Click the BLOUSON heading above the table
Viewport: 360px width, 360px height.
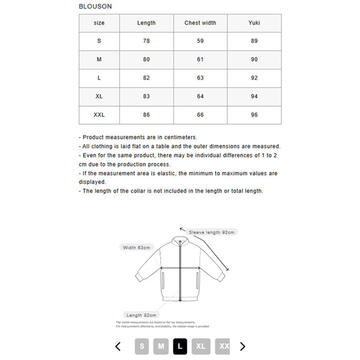tap(95, 6)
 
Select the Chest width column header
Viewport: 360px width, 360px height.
tap(200, 23)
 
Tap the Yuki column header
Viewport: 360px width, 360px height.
tap(254, 23)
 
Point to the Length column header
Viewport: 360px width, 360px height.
tap(146, 23)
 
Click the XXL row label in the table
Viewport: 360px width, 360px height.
tap(99, 115)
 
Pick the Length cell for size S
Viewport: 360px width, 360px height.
tap(146, 41)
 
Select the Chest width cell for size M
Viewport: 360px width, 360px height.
tap(200, 59)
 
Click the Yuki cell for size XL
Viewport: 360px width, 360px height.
tap(254, 96)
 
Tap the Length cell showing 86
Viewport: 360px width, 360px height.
tap(146, 115)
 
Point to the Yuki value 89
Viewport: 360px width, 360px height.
tap(254, 41)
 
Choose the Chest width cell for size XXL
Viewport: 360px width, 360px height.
tap(200, 115)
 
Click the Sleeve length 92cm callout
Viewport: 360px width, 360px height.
tap(212, 232)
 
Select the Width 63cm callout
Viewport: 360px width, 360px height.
tap(137, 247)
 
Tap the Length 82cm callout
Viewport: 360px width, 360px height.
tap(142, 315)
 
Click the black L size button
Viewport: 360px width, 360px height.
tap(181, 346)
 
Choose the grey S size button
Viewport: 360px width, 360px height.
tap(142, 346)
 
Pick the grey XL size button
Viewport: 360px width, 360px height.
tap(201, 346)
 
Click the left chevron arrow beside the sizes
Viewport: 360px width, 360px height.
tap(118, 346)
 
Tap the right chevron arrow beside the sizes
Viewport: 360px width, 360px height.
tap(243, 346)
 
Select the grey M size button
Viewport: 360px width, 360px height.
tap(160, 346)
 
